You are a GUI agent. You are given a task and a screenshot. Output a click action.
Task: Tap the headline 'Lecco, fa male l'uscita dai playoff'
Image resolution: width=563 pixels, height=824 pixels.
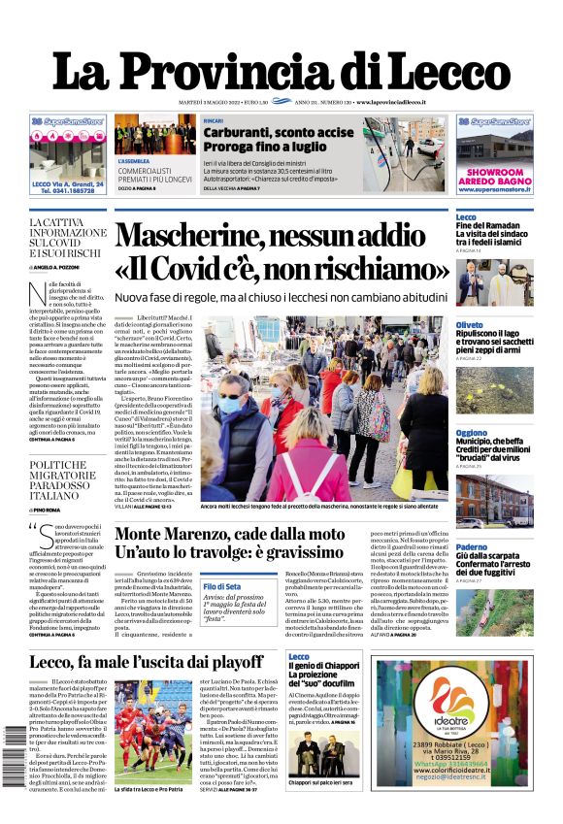146,663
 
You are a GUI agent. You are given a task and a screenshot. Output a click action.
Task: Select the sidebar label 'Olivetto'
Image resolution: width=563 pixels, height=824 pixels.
470,324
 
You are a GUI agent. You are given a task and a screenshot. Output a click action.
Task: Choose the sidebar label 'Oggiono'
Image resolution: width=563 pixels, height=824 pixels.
472,433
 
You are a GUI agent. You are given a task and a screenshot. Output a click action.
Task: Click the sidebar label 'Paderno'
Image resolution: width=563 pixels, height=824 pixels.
472,547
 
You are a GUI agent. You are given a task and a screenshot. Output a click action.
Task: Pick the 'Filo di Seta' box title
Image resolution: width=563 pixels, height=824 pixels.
222,586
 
